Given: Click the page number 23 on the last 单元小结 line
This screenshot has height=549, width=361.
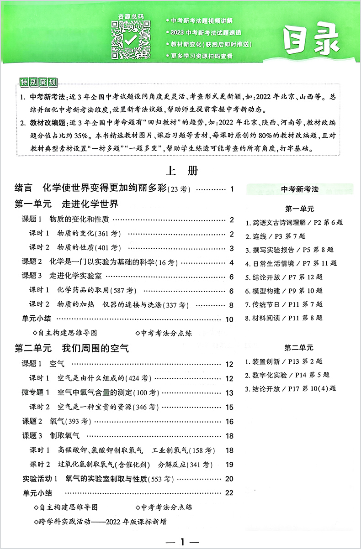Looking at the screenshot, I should pos(229,492).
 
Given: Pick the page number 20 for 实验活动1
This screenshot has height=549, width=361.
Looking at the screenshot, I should pos(229,478).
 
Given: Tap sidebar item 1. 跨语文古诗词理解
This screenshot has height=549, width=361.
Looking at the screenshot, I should pos(294,223).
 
